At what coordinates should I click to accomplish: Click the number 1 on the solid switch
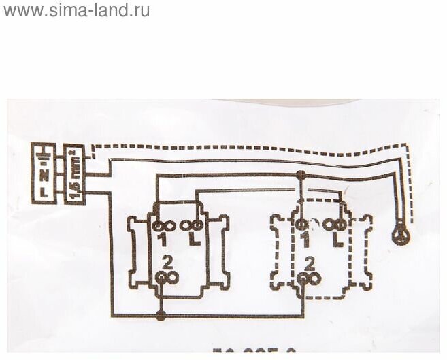(x=163, y=240)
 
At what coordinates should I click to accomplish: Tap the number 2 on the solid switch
(x=167, y=261)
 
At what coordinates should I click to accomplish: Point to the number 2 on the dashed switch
(x=310, y=261)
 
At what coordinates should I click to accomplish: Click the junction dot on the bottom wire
(x=161, y=316)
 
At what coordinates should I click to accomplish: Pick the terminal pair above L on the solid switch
(x=191, y=224)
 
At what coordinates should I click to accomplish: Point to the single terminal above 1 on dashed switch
(x=300, y=224)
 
